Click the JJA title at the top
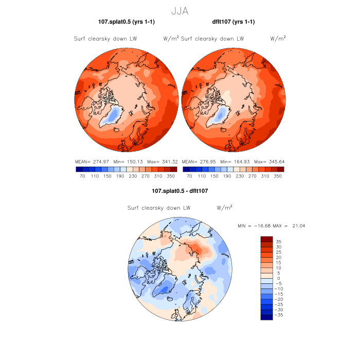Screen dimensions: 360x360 click(180, 10)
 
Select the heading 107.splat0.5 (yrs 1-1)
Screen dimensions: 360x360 click(127, 22)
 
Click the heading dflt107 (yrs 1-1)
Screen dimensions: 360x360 click(233, 22)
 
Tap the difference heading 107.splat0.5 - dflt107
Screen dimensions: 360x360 click(180, 191)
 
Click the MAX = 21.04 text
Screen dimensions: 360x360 click(283, 226)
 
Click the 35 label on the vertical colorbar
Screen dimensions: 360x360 click(278, 241)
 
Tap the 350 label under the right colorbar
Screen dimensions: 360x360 click(277, 176)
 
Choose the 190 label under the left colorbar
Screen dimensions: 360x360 click(120, 176)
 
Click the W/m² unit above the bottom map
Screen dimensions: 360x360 click(224, 208)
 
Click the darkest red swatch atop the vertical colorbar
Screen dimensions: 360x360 click(266, 239)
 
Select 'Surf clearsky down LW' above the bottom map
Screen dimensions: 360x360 click(159, 208)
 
